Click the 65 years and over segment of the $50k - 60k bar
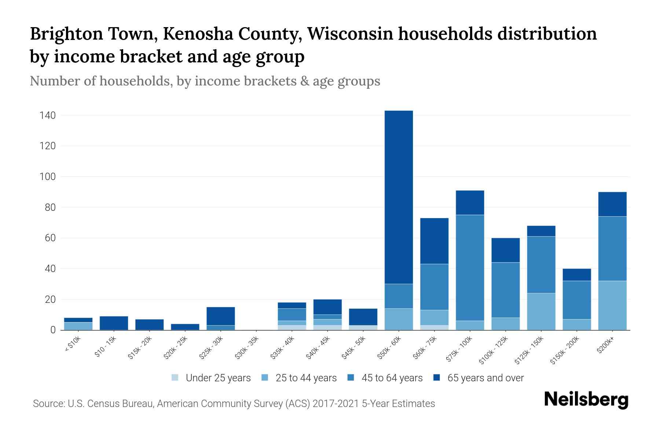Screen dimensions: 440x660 (399, 197)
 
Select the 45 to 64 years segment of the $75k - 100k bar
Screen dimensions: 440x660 (470, 268)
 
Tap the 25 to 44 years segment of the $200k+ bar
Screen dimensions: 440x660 (612, 305)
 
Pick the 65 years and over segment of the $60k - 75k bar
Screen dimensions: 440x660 (434, 241)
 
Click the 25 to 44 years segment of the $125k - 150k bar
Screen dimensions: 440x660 (541, 311)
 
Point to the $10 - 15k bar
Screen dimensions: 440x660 (114, 323)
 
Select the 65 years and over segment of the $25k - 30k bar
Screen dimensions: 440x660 (221, 316)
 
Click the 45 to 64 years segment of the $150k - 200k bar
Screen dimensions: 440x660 (576, 300)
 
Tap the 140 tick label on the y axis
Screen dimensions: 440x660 (48, 115)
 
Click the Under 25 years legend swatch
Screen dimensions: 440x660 (175, 378)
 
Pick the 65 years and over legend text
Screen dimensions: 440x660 (485, 378)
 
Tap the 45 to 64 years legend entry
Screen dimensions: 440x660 (385, 378)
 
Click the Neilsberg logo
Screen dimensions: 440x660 (586, 400)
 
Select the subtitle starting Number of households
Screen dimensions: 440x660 (205, 81)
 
